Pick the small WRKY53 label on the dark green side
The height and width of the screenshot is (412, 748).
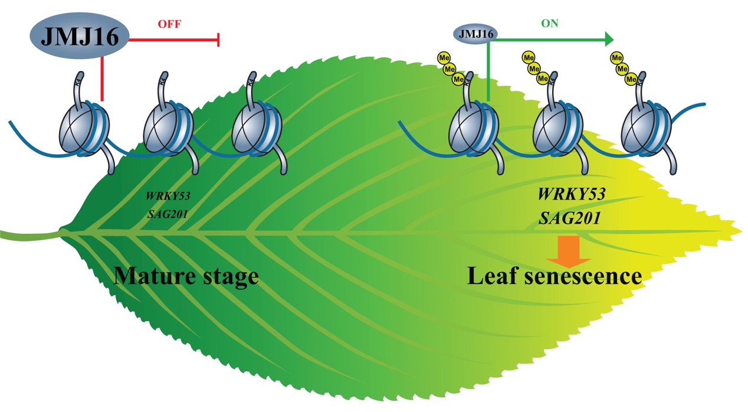click(x=168, y=195)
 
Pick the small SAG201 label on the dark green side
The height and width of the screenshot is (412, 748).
click(x=168, y=213)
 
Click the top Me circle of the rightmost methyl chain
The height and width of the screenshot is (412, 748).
click(x=617, y=58)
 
